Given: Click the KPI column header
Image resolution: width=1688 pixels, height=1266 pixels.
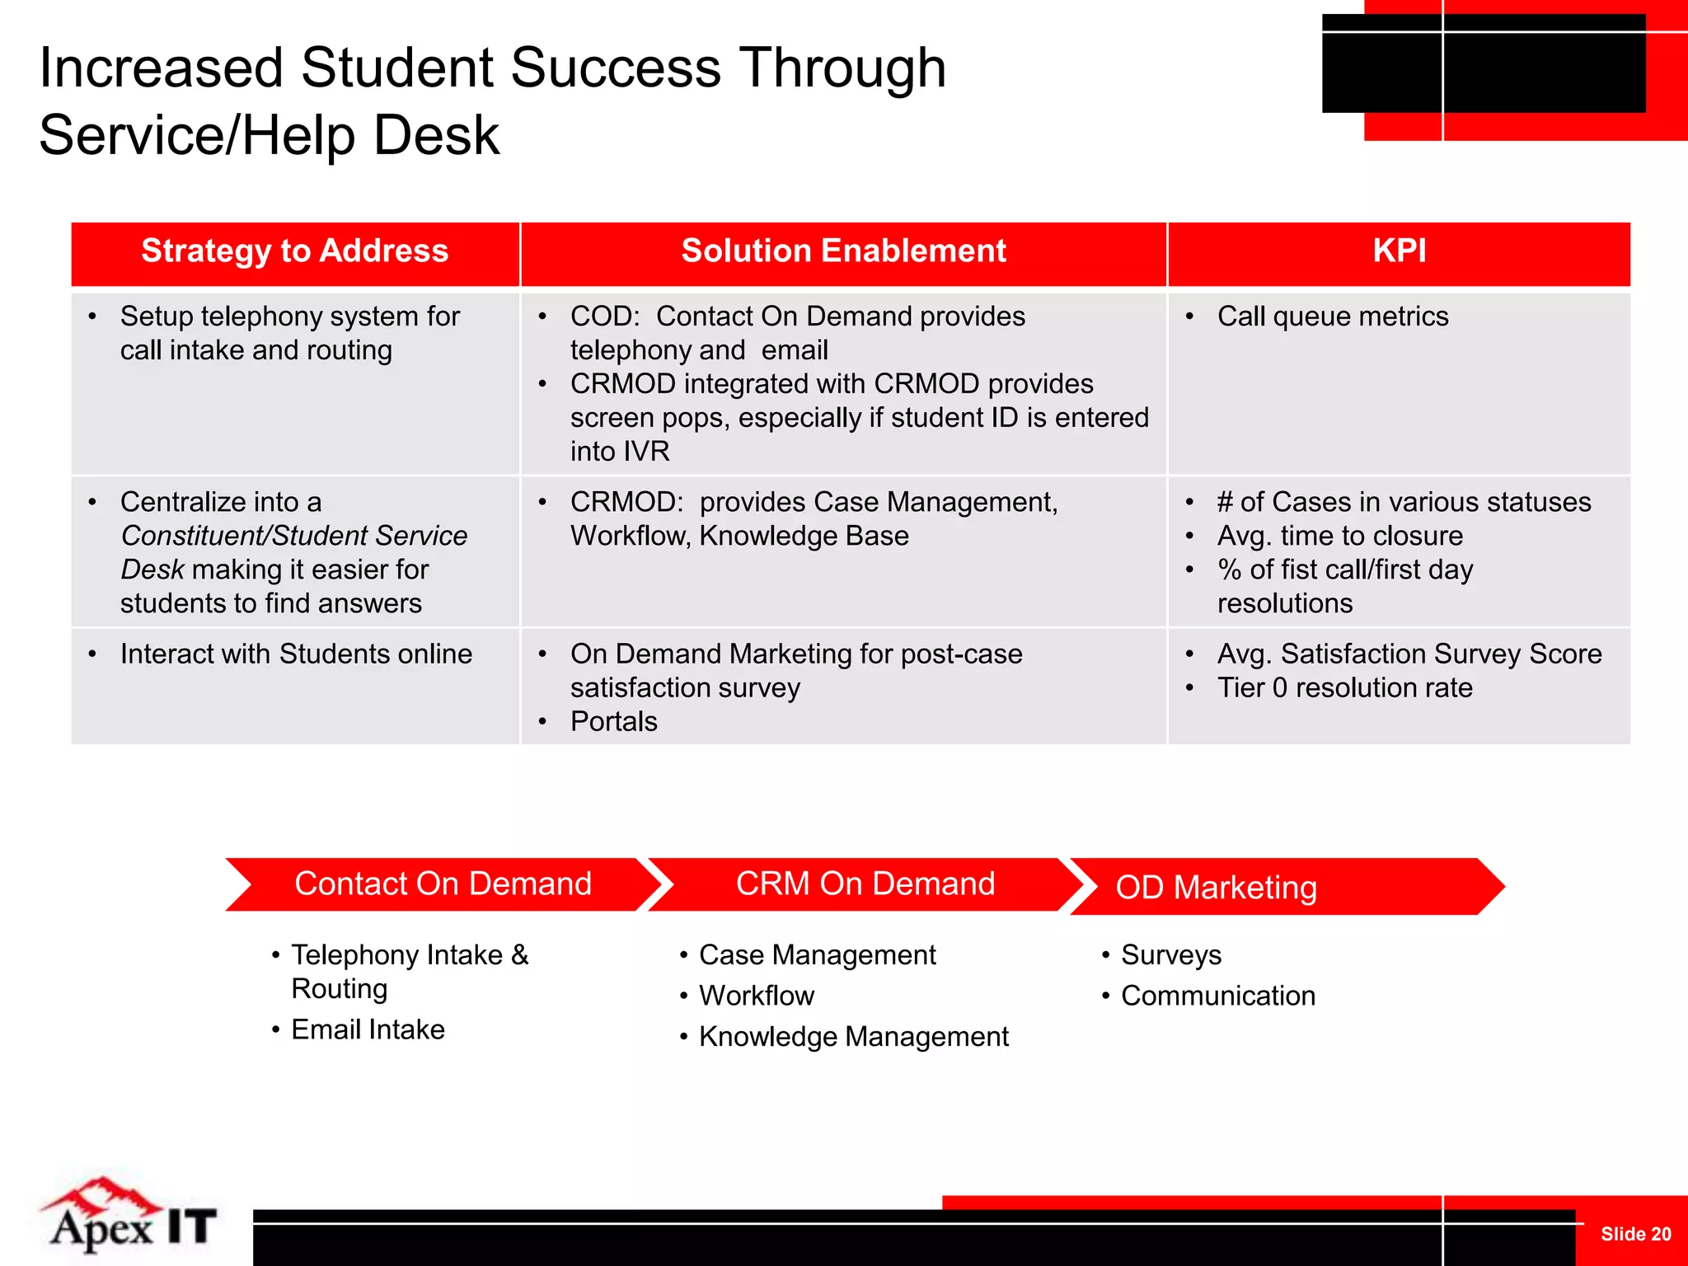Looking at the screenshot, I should point(1399,251).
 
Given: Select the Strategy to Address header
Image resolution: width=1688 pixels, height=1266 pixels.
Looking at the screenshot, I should point(294,251).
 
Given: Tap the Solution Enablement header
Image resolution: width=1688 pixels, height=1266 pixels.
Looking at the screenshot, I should point(843,251).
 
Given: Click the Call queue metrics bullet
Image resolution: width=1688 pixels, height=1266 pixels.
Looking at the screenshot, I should point(1332,316).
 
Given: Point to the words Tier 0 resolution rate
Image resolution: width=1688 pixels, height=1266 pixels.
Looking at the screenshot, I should point(1344,687).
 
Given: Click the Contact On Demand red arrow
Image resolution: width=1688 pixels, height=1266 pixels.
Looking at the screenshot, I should point(443,884).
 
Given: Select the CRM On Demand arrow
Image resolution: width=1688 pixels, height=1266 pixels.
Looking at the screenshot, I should point(865,884).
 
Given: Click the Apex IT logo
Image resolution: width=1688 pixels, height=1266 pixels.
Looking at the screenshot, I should point(130,1218).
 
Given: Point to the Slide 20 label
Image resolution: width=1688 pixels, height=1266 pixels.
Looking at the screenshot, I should point(1635,1234).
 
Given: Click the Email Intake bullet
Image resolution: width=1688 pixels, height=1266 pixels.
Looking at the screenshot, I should point(368,1029).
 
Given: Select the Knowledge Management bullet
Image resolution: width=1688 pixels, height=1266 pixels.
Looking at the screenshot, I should point(853,1037).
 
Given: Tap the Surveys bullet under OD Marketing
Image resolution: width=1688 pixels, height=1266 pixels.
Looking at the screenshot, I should point(1170,955).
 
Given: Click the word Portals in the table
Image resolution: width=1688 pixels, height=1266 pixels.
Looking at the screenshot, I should point(613,722).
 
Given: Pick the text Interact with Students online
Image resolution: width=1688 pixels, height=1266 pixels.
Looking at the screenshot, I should point(296,654).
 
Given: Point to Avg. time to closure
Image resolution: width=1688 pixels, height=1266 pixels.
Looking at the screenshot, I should point(1339,537).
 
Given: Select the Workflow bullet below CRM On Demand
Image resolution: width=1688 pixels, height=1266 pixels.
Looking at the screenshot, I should point(756,996).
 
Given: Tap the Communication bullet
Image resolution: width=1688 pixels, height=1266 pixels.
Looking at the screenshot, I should point(1217,996).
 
